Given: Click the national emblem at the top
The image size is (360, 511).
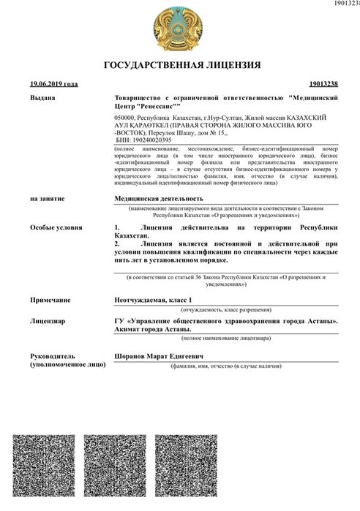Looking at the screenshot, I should tap(180, 27).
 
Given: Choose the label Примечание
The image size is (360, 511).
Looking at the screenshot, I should tap(50, 300).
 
